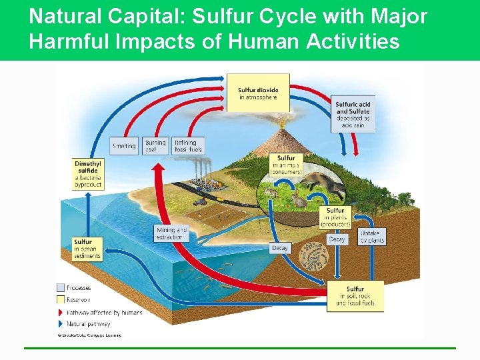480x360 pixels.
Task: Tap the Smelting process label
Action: pos(124,146)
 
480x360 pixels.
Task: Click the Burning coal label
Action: pos(155,146)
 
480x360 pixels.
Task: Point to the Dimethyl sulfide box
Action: pos(88,174)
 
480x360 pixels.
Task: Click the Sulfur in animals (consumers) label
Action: pos(286,165)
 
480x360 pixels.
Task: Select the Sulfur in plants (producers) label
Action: pos(335,217)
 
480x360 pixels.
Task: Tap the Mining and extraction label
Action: pos(172,233)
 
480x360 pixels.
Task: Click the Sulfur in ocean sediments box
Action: pos(87,249)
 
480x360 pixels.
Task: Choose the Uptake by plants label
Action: pos(372,236)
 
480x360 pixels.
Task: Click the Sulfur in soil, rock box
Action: pos(355,296)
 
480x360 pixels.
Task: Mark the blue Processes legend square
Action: pos(61,288)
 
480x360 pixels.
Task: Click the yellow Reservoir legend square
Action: pos(61,300)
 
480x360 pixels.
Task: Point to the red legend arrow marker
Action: pos(61,312)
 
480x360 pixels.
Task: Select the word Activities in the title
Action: pos(353,41)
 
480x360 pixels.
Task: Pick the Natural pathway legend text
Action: pos(90,324)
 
